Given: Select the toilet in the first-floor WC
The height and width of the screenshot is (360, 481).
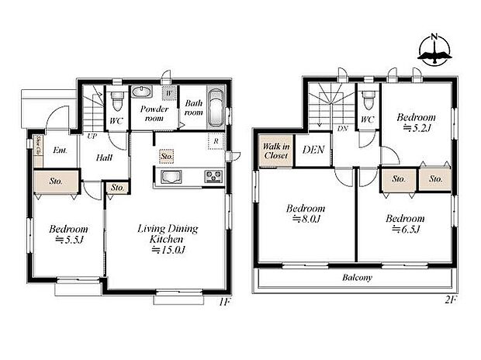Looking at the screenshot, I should [117, 101].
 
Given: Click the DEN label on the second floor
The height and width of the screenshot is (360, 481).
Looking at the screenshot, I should [313, 151].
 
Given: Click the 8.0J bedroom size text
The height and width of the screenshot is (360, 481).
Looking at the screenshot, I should [305, 220].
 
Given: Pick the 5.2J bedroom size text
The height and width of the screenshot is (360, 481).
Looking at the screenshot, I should [416, 129].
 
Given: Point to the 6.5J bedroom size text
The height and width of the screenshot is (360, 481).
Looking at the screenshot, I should [405, 230].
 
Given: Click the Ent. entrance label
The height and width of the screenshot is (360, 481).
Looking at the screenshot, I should [59, 151].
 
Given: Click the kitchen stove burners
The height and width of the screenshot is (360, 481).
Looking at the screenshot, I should [213, 177].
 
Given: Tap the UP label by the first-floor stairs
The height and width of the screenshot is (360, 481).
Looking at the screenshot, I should [92, 137].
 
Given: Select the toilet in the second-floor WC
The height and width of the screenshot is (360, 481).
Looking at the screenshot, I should [369, 101].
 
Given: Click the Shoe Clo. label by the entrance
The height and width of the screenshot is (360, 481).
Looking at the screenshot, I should [39, 146].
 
